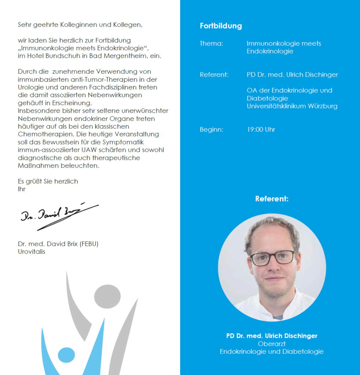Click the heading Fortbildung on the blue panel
pyautogui.click(x=221, y=26)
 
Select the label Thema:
pyautogui.click(x=211, y=44)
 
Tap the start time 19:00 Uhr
pyautogui.click(x=261, y=130)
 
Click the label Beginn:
pyautogui.click(x=211, y=130)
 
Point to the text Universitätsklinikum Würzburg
pyautogui.click(x=292, y=107)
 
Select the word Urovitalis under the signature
pyautogui.click(x=31, y=252)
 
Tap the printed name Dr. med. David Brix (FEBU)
pyautogui.click(x=58, y=244)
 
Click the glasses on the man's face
pyautogui.click(x=273, y=257)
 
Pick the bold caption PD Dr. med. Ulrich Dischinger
pyautogui.click(x=271, y=336)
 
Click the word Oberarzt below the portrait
pyautogui.click(x=271, y=344)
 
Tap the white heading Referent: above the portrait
pyautogui.click(x=272, y=199)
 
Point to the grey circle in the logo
pyautogui.click(x=107, y=296)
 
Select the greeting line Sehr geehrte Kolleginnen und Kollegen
pyautogui.click(x=80, y=25)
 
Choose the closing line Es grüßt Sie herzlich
pyautogui.click(x=48, y=181)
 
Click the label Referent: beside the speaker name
pyautogui.click(x=214, y=75)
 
